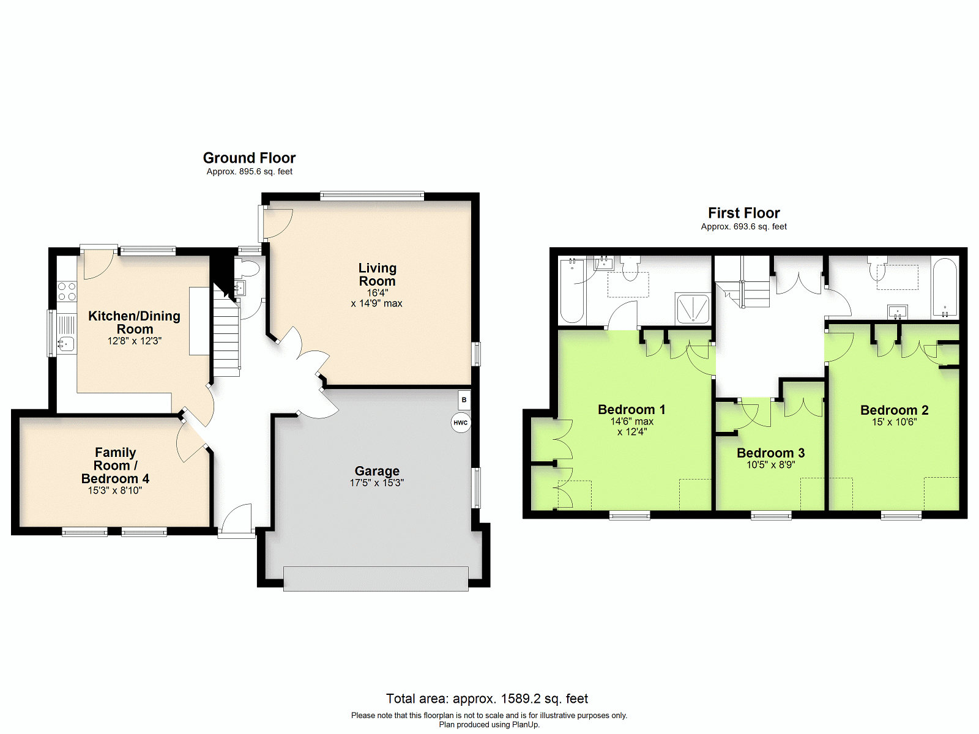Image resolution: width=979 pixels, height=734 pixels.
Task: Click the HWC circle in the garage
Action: pos(461,423)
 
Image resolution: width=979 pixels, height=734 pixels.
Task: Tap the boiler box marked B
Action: pos(464,400)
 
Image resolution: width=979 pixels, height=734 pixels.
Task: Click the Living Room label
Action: pos(377,275)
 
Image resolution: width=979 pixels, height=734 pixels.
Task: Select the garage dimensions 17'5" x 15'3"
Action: pos(376,483)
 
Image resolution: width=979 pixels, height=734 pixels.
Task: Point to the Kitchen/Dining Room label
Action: pos(134,322)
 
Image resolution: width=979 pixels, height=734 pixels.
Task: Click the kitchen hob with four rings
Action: pos(67,291)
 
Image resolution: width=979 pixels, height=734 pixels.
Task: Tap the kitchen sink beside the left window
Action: pos(66,344)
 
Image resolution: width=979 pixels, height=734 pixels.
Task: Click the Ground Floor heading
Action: pos(249,158)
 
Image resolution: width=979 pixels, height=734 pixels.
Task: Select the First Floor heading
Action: pos(743,213)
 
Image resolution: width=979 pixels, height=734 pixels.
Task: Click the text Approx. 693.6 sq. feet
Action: pos(743,226)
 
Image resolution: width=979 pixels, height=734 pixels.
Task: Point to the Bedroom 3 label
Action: pos(770,453)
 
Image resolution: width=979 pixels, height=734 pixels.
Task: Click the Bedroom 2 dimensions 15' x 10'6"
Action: pos(894,422)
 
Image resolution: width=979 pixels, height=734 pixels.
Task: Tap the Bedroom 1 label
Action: pos(631,410)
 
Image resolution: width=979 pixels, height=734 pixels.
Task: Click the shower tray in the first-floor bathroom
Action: pos(693,308)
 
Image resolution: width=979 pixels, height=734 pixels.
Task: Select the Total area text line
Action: pos(487,699)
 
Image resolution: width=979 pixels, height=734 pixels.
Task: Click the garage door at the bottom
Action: pos(376,579)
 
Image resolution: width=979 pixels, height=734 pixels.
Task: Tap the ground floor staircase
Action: pos(226,336)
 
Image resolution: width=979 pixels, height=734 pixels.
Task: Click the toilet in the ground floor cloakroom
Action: pos(249,269)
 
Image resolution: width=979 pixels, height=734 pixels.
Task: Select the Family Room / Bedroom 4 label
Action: pos(115,465)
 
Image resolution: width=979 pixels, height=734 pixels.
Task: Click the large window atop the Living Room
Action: pos(372,196)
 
